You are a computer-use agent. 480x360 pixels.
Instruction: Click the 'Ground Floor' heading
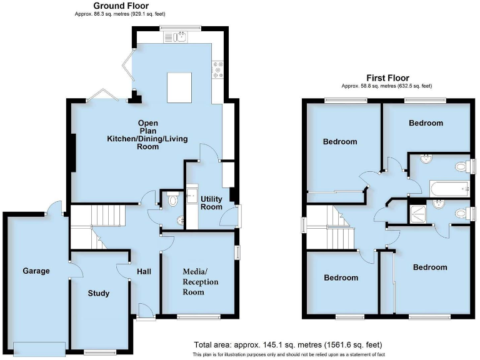coord(121,6)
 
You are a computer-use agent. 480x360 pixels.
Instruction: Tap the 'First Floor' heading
coord(386,78)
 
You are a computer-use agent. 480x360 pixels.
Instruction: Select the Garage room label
coord(36,271)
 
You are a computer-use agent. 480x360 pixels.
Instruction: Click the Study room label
coord(99,293)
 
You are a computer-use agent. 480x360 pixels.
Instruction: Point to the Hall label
coord(145,272)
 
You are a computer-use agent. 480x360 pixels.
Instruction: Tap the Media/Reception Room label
coord(201,281)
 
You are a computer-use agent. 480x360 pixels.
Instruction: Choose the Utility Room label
coord(211,202)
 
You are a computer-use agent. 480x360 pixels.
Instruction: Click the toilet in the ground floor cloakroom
coord(172,200)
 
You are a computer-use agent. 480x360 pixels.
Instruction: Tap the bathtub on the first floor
coord(448,188)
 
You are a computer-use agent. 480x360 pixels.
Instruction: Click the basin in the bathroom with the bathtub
coord(426,159)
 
